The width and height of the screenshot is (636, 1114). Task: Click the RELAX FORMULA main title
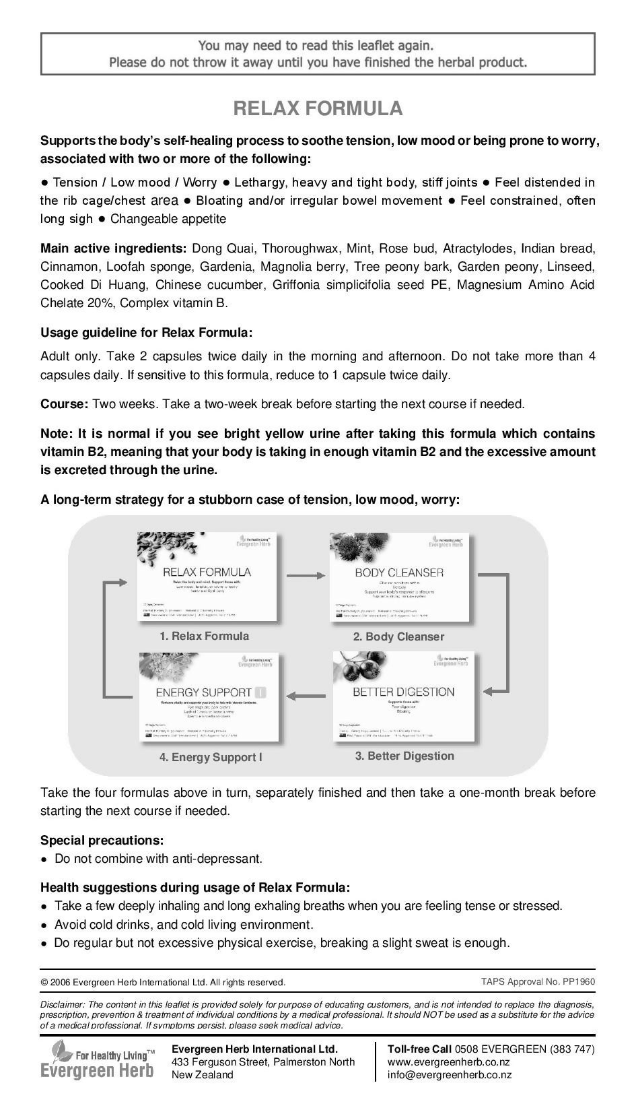click(x=318, y=108)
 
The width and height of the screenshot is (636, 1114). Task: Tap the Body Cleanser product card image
click(x=400, y=578)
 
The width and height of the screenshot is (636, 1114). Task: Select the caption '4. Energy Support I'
click(x=211, y=757)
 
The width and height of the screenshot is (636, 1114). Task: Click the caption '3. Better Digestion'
click(x=404, y=756)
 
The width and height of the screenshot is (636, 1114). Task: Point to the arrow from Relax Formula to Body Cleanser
click(x=306, y=575)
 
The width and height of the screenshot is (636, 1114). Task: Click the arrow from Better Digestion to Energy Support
click(x=306, y=696)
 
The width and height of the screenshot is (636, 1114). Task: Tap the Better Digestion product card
click(x=404, y=697)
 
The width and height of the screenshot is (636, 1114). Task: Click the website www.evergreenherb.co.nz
click(x=448, y=1062)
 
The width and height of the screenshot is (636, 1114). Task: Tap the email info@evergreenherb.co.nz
click(x=445, y=1075)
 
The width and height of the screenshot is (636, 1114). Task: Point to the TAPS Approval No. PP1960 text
click(x=538, y=981)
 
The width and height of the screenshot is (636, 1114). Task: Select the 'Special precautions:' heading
click(x=102, y=840)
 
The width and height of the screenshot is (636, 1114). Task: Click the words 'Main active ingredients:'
click(x=113, y=249)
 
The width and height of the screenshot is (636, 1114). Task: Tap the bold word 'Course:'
click(x=64, y=404)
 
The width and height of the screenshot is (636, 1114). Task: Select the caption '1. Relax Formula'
click(x=204, y=636)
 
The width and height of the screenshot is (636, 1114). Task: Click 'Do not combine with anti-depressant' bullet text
click(x=158, y=859)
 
